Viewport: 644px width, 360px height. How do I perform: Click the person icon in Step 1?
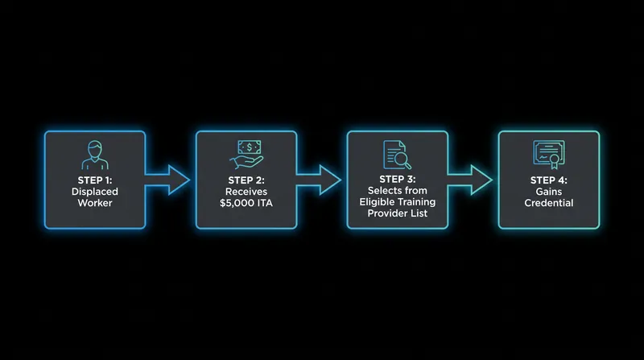tap(95, 155)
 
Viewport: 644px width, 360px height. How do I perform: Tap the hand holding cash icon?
tap(246, 155)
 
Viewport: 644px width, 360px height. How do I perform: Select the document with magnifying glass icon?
tap(397, 155)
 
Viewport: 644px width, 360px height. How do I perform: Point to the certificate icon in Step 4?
tap(549, 155)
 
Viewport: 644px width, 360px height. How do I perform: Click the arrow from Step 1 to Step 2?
tap(167, 180)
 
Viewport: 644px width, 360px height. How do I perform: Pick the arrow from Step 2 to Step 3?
tap(319, 180)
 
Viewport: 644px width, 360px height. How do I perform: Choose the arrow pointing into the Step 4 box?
tap(470, 180)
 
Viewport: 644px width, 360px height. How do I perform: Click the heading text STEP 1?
tap(95, 180)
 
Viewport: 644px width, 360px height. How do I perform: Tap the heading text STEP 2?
tap(246, 180)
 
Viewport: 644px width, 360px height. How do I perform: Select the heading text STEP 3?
tap(398, 180)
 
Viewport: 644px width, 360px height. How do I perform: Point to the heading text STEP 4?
tap(549, 180)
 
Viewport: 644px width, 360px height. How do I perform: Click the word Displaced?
tap(95, 192)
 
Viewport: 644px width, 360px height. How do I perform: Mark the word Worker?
tap(95, 203)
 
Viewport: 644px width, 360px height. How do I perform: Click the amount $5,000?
tap(237, 204)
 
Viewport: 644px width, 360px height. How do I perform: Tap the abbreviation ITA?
tap(265, 203)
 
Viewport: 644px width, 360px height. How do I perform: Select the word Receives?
tap(246, 192)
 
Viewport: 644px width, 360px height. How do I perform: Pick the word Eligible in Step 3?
tap(376, 202)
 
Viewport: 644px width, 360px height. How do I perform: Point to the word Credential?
tap(549, 203)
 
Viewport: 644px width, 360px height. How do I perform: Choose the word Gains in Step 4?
tap(549, 192)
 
